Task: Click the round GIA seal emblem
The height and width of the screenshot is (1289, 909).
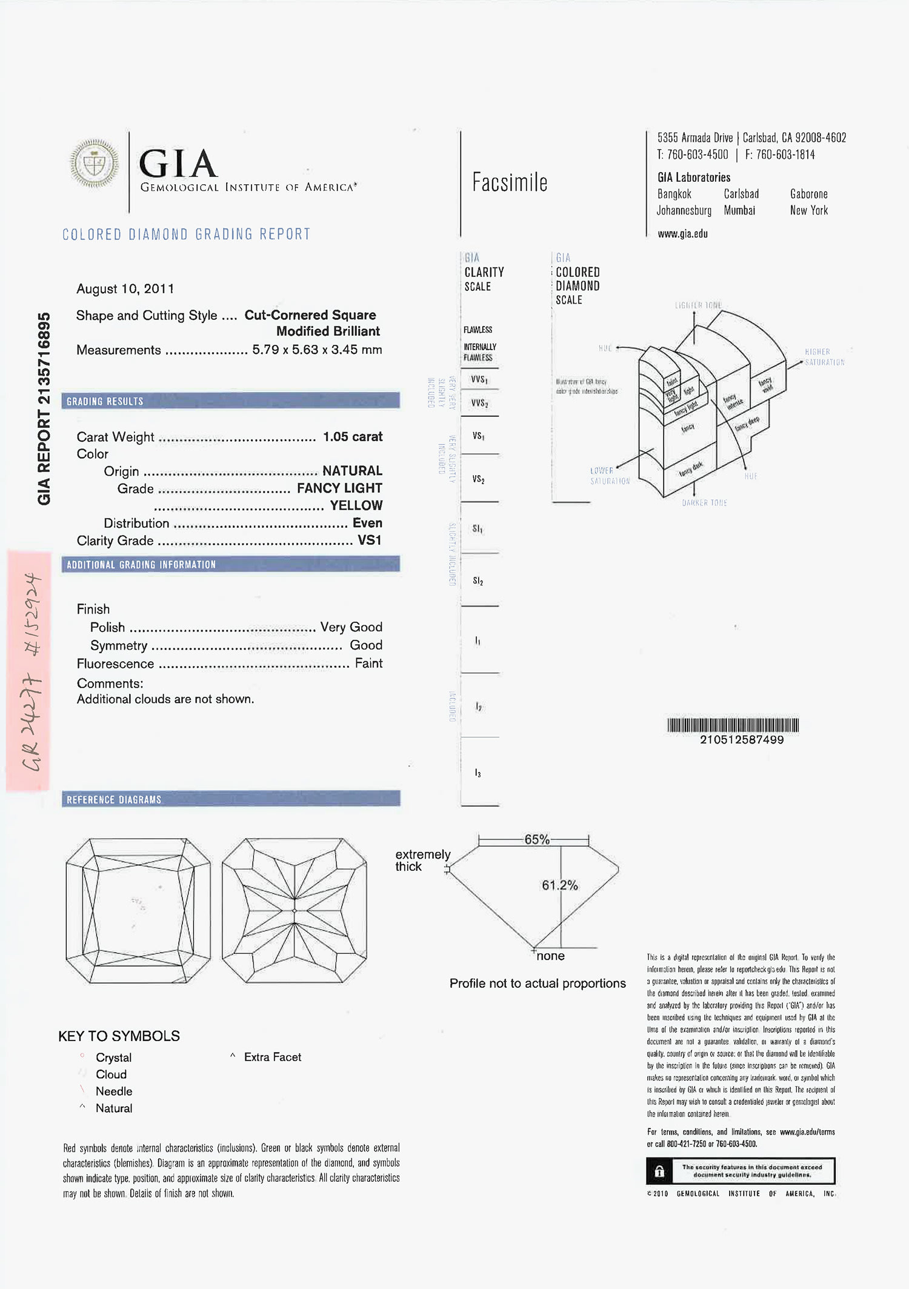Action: click(x=94, y=164)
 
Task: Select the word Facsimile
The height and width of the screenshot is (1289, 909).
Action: click(x=510, y=182)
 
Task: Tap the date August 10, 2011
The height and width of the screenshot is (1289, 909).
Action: click(x=125, y=289)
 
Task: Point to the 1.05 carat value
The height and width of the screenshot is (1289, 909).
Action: click(x=352, y=437)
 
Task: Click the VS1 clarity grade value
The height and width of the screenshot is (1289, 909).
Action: click(x=369, y=540)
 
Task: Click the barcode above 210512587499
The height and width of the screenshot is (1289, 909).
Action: click(x=733, y=725)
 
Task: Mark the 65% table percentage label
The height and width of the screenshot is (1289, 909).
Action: click(x=537, y=839)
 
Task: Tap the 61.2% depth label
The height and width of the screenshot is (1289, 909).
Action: click(x=559, y=885)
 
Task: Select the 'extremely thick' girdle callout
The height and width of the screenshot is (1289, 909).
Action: click(x=422, y=860)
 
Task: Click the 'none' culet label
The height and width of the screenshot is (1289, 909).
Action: click(x=550, y=956)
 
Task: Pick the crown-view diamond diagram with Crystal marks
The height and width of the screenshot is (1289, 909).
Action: click(x=138, y=910)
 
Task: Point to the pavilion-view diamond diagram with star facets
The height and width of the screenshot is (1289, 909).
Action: click(x=294, y=910)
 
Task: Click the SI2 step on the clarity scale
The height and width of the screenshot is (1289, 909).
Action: click(x=478, y=581)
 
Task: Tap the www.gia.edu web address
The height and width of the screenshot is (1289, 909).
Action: click(x=682, y=234)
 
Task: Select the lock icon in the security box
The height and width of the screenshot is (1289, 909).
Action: click(x=659, y=1171)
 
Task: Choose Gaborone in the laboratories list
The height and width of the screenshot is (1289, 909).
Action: click(x=808, y=194)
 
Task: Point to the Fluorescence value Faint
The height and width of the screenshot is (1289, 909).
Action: click(x=368, y=664)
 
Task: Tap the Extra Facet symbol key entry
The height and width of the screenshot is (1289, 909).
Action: click(x=272, y=1057)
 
